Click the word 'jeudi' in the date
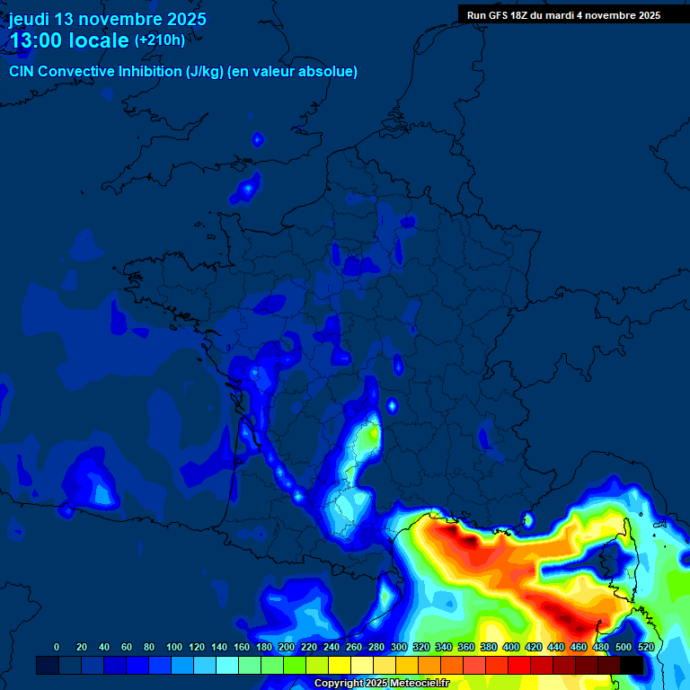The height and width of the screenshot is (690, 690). tap(29, 19)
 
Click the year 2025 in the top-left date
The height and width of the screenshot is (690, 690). tap(185, 19)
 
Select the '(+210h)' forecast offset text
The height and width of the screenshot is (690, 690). tap(160, 40)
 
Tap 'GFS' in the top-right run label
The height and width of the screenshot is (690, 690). tap(500, 15)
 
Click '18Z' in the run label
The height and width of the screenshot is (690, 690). tap(524, 15)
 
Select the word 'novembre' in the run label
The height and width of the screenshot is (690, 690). tap(610, 15)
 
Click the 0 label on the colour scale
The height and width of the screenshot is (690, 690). tap(57, 648)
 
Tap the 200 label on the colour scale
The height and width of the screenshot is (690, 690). tap(286, 648)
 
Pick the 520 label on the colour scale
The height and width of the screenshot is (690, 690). tap(646, 648)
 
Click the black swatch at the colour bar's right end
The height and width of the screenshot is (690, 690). tap(632, 665)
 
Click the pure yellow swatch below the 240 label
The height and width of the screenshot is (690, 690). tap(340, 665)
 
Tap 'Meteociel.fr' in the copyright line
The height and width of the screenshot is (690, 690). tap(420, 684)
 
